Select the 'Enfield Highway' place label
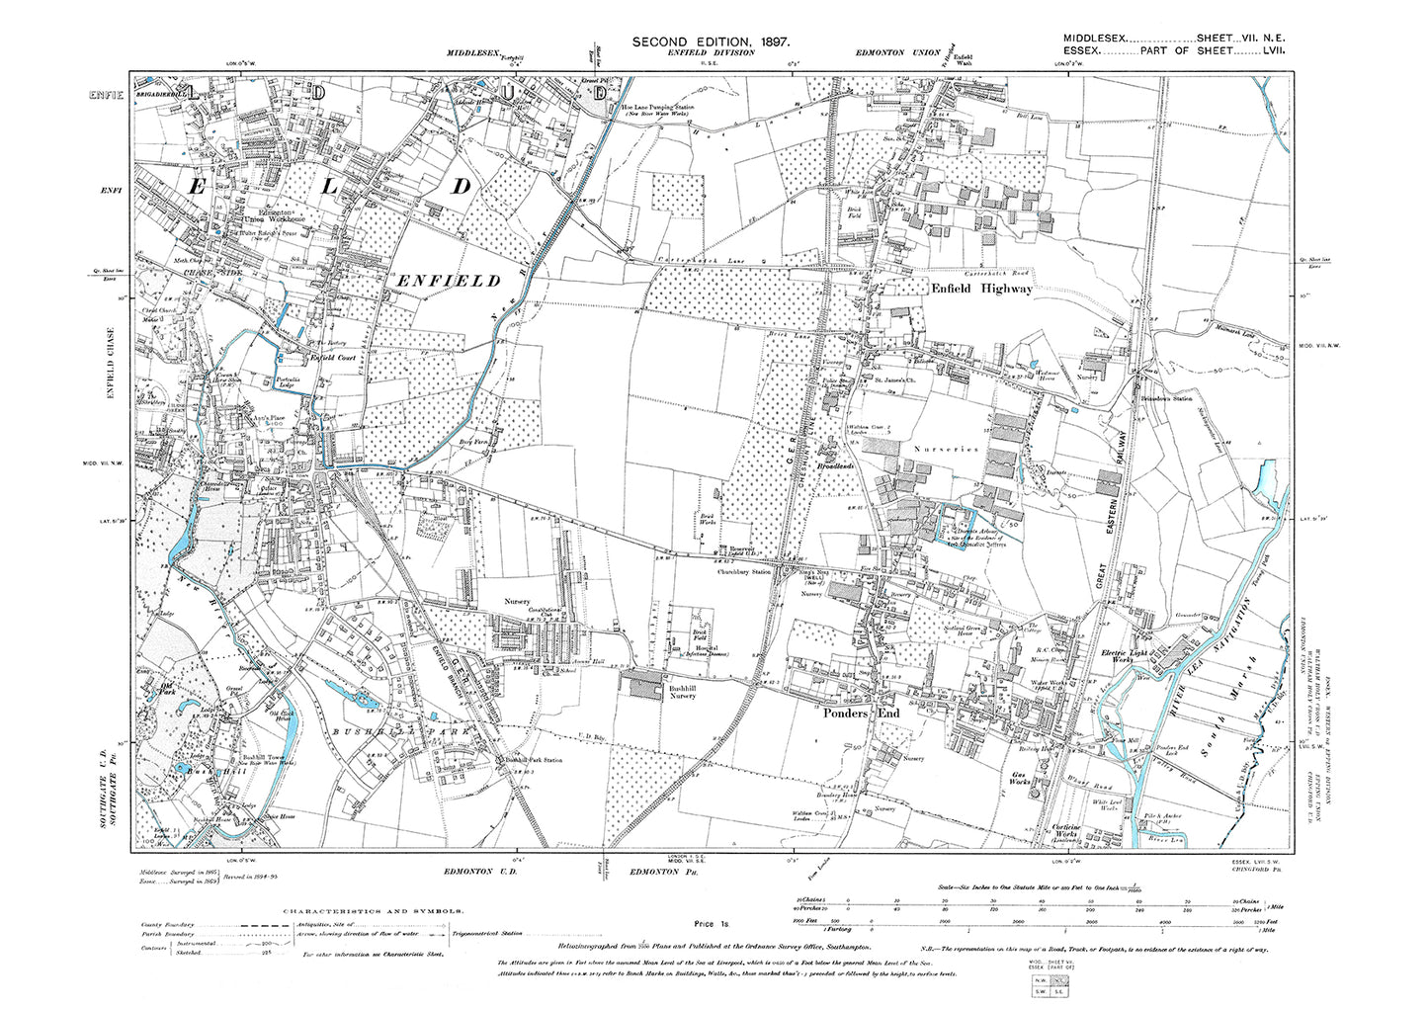point(982,289)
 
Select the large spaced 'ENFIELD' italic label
point(448,282)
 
